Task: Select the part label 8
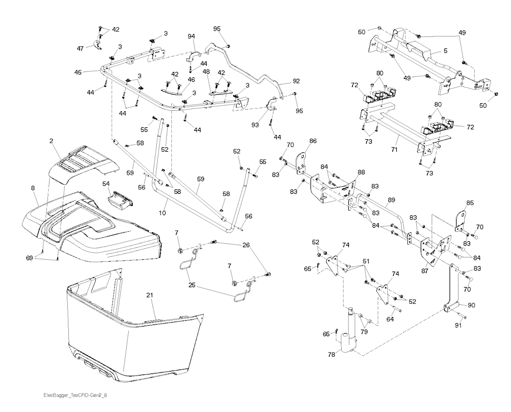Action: click(32, 188)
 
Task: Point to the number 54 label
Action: click(106, 184)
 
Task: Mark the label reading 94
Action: click(192, 36)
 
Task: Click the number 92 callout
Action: click(296, 80)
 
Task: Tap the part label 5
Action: click(445, 51)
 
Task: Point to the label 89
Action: click(391, 199)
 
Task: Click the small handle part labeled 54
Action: click(120, 200)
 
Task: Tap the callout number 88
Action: click(361, 173)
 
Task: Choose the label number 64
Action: click(390, 319)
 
